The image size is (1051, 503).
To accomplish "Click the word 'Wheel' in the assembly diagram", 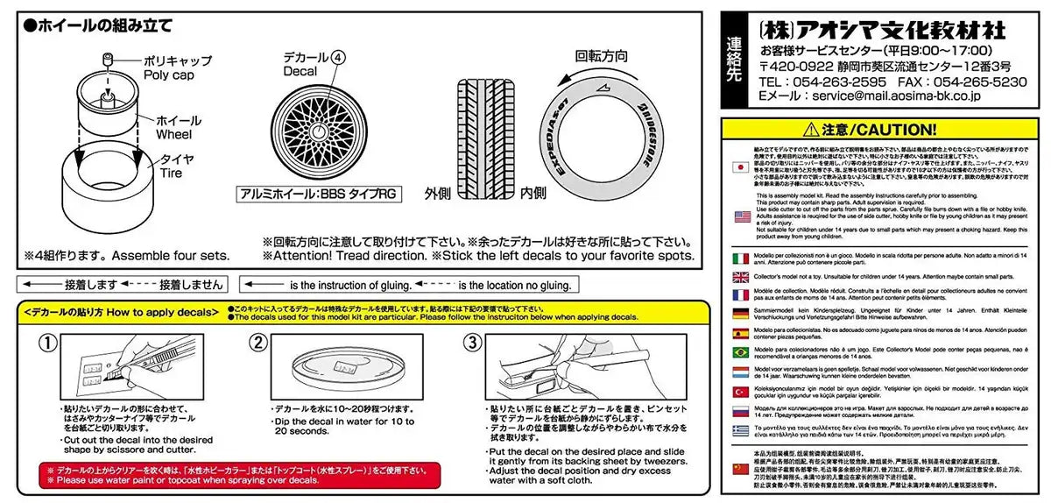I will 174,136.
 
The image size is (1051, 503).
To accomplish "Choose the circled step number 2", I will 259,342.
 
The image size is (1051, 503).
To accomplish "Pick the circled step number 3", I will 472,342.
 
